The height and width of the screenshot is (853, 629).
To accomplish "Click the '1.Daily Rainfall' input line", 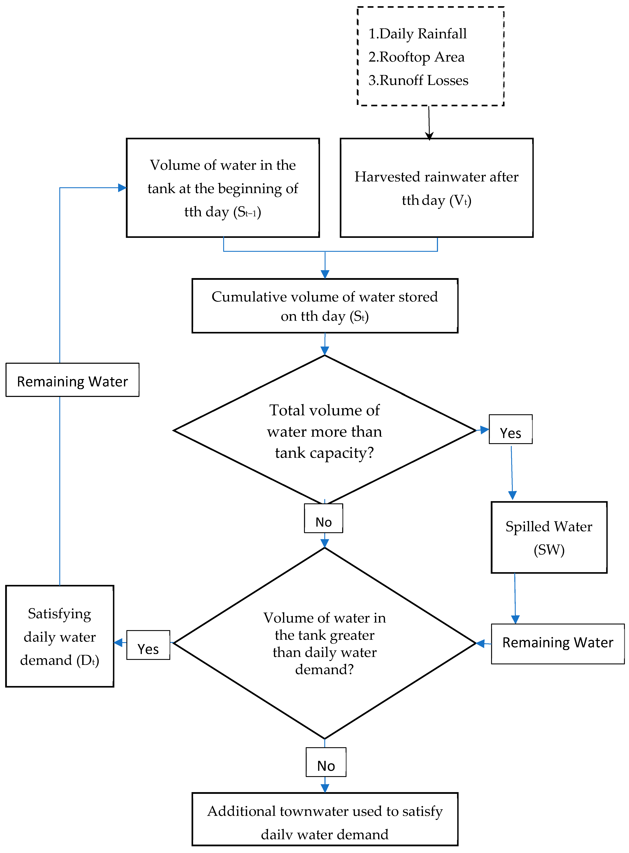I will (417, 34).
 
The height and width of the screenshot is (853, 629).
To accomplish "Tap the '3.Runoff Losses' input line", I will (418, 80).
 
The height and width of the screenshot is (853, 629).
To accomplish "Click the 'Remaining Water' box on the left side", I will (72, 380).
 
